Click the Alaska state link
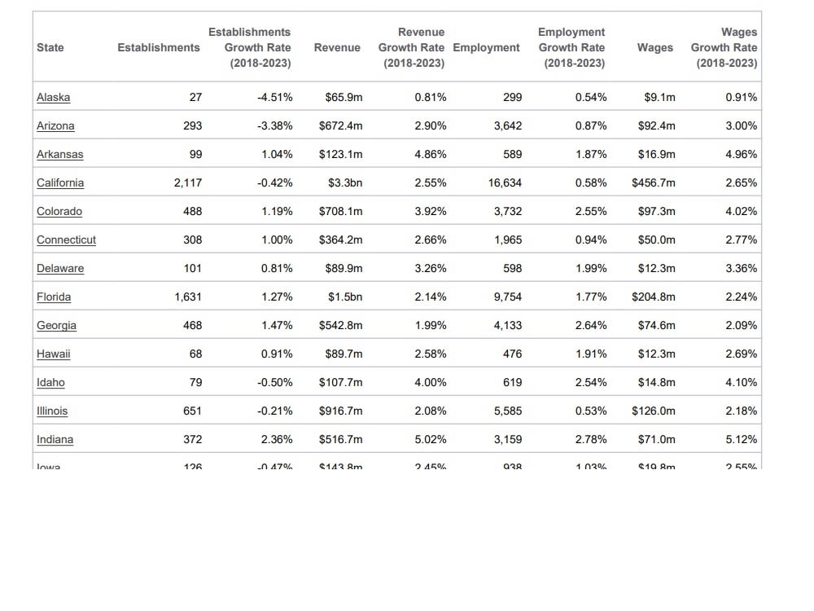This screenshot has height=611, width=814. tap(53, 97)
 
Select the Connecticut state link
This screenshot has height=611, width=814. tap(66, 240)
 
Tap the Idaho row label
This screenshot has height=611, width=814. tap(50, 382)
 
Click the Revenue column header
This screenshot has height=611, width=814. tap(337, 47)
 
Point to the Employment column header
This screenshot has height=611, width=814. tap(486, 47)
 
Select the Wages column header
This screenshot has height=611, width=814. tap(654, 47)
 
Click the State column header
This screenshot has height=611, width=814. tap(50, 47)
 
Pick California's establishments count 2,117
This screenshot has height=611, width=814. tap(187, 182)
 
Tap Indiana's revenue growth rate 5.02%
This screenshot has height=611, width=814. tap(430, 439)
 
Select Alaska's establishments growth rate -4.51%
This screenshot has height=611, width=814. tap(274, 97)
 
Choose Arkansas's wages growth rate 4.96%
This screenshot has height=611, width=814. tap(741, 154)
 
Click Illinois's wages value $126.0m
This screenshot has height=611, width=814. tap(653, 411)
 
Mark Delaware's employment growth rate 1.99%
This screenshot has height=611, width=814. tap(590, 268)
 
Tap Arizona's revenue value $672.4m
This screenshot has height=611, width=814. tap(340, 125)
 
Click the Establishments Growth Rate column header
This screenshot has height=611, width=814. tap(249, 47)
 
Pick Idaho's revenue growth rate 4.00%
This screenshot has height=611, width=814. tap(430, 382)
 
